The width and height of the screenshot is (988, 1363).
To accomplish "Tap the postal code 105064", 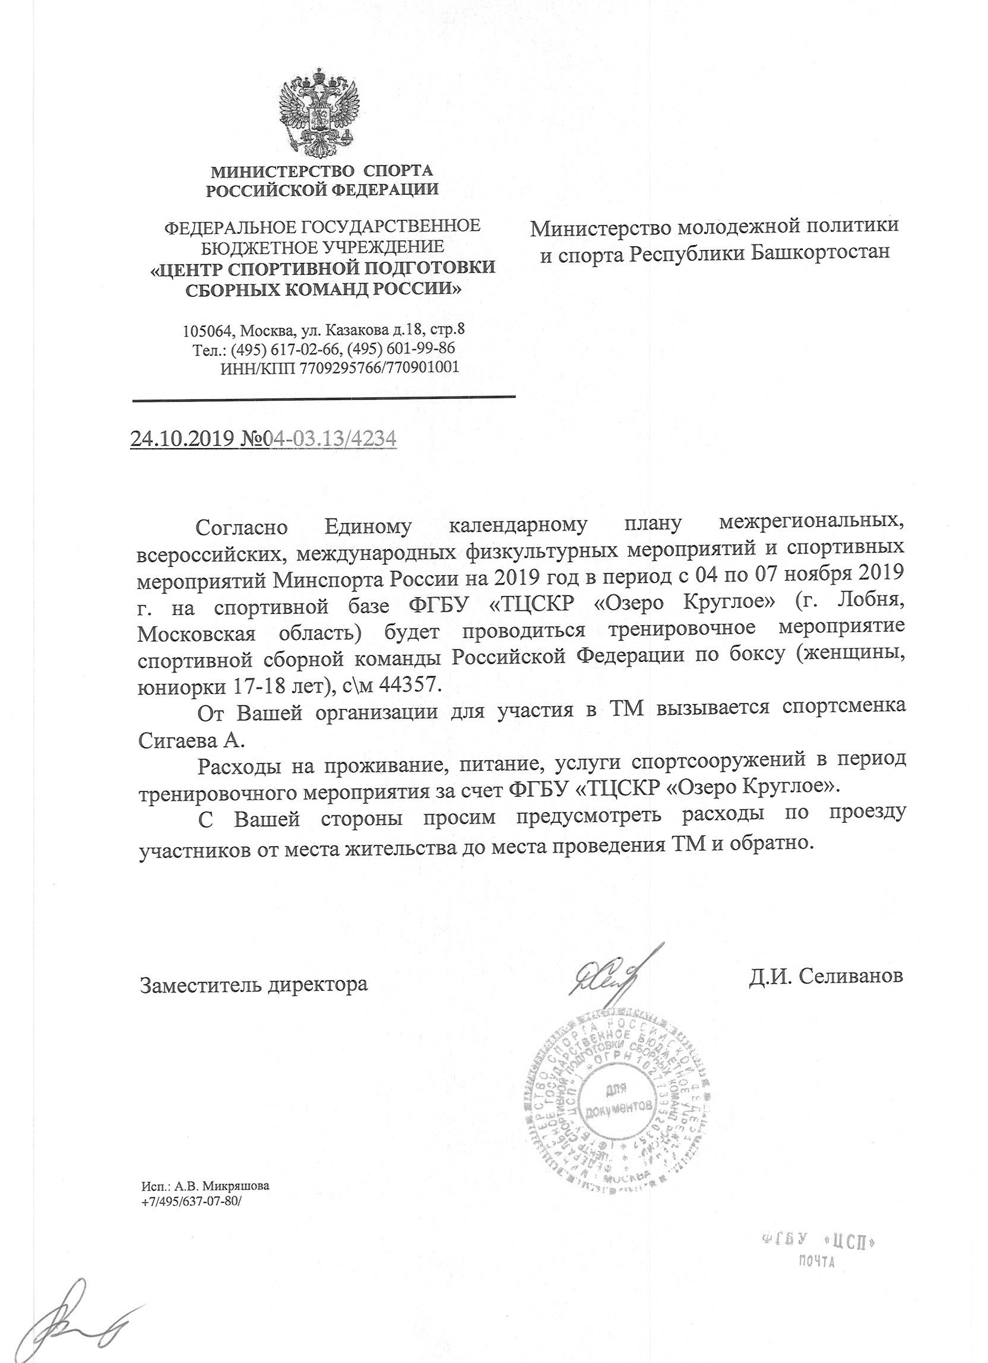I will click(210, 331).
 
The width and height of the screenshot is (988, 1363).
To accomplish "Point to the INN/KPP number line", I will click(340, 367).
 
